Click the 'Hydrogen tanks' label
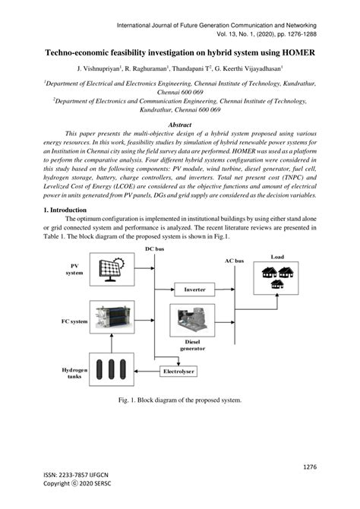pyautogui.click(x=74, y=374)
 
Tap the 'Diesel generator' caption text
pyautogui.click(x=191, y=346)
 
